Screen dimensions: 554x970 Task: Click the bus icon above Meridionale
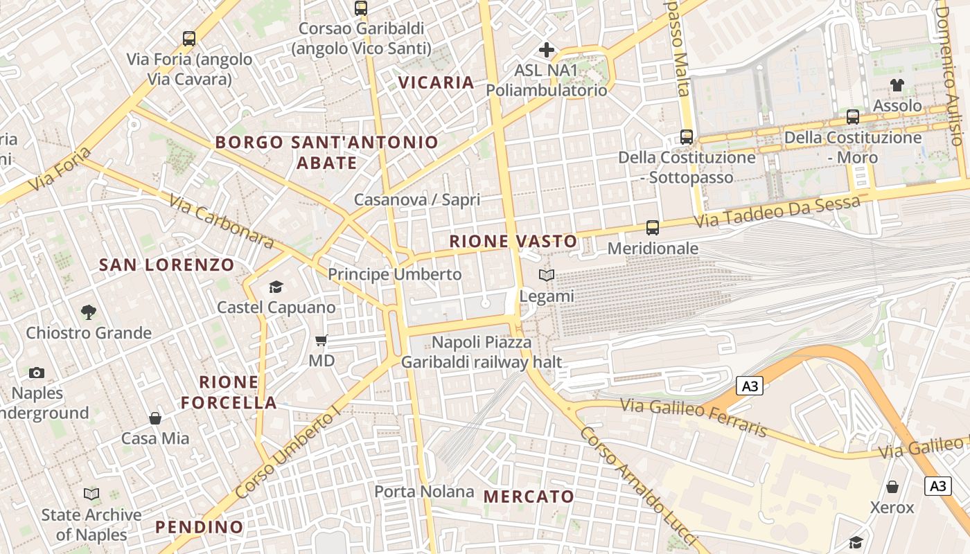[x=652, y=227]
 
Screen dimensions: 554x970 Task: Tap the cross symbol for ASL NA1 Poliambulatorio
[x=547, y=50]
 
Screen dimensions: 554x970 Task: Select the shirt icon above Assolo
[x=897, y=85]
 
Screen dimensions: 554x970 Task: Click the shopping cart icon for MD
[x=321, y=340]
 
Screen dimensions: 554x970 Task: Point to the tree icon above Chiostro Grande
[x=88, y=312]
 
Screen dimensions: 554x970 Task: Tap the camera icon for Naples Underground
[x=37, y=373]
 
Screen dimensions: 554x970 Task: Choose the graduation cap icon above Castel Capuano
[x=276, y=287]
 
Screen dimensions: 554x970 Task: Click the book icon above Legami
[x=547, y=276]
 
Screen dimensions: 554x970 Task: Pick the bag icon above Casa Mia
[x=155, y=418]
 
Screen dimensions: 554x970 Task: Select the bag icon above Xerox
[x=892, y=487]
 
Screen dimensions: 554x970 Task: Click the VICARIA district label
[x=436, y=82]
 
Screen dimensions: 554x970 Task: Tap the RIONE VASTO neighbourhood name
[x=513, y=241]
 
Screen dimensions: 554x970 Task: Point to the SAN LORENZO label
[x=167, y=265]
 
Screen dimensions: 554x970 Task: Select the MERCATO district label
[x=529, y=496]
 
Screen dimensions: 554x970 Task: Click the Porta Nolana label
[x=424, y=492]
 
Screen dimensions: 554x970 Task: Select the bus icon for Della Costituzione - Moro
[x=853, y=117]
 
